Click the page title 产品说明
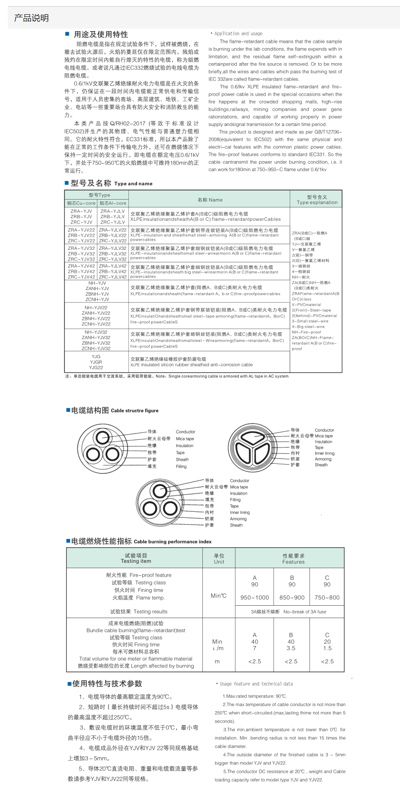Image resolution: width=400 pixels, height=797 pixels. [31, 18]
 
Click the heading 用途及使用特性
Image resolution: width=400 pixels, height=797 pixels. [100, 35]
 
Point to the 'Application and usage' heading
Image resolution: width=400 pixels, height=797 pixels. [238, 33]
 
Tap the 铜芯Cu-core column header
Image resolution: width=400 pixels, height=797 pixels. [81, 203]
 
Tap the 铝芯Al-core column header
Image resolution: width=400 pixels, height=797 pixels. [112, 203]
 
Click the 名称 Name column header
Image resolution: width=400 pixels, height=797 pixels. [210, 200]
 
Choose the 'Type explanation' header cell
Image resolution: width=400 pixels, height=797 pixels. [317, 200]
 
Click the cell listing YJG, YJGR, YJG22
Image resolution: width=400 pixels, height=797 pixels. [96, 362]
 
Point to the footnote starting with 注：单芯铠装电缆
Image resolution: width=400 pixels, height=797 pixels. [177, 376]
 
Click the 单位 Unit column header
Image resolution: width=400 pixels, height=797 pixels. [219, 558]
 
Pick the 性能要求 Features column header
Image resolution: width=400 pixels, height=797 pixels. [293, 558]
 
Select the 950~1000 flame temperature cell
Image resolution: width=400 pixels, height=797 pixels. [255, 597]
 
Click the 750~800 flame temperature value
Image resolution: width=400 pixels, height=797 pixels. [327, 597]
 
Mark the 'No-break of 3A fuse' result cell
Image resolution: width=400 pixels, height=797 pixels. [288, 612]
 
